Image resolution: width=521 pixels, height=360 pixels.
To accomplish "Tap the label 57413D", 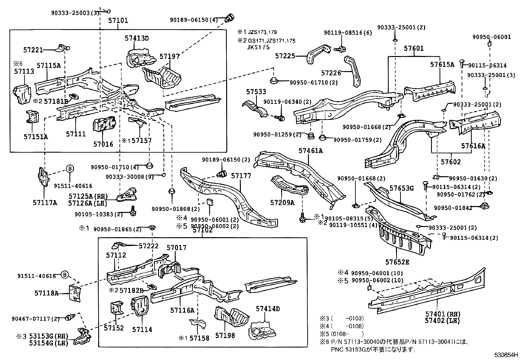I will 136,38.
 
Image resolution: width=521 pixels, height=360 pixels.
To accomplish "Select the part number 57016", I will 103,144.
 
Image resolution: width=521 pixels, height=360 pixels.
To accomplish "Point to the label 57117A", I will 45,203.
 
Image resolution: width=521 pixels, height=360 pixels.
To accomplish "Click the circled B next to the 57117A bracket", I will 70,169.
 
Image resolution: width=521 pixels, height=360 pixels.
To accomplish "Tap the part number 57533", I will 256,92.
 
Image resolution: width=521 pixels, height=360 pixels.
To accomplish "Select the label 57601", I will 413,48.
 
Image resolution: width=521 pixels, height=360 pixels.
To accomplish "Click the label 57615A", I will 442,65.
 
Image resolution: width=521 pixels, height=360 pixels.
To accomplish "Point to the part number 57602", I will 451,162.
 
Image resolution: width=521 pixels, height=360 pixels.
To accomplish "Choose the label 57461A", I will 311,150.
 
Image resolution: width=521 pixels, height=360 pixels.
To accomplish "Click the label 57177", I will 241,176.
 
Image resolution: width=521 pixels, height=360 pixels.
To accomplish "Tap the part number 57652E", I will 397,262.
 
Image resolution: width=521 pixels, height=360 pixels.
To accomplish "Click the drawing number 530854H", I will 506,355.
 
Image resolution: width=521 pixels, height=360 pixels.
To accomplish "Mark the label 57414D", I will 268,309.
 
